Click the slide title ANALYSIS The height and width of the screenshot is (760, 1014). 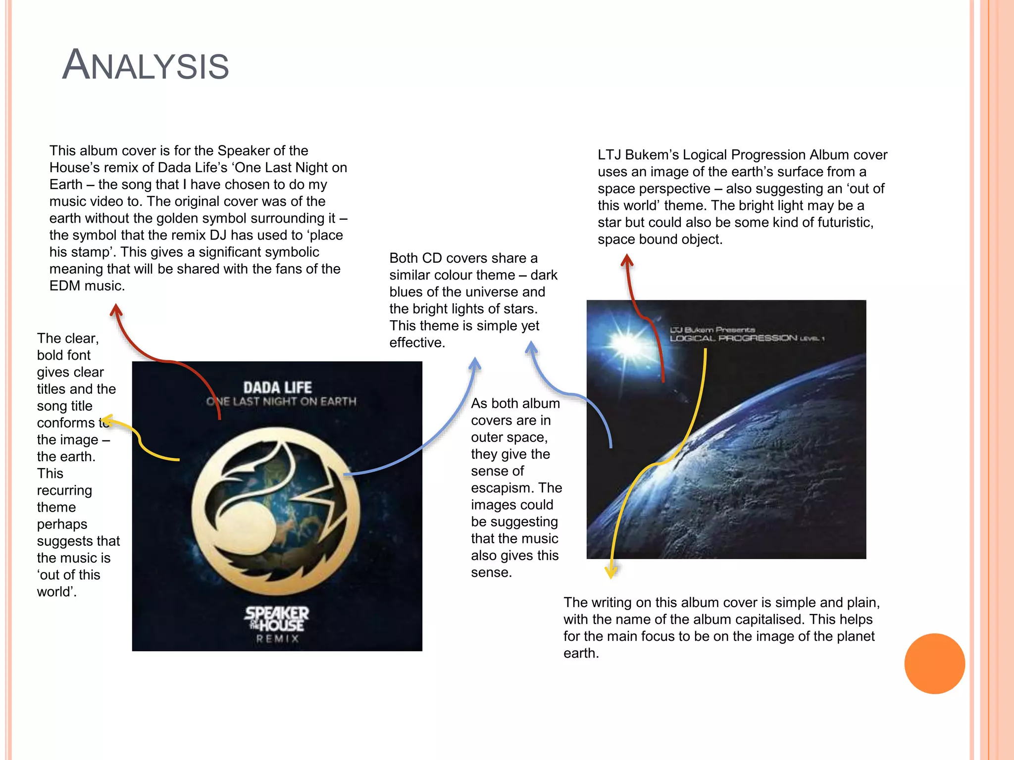tap(146, 65)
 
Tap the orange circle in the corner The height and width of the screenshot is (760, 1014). tap(934, 664)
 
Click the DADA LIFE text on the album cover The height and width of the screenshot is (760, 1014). tap(277, 387)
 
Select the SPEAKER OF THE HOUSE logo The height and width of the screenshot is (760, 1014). tap(277, 619)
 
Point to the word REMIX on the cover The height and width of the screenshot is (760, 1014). tap(277, 639)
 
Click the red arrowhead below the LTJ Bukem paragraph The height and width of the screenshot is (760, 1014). tap(627, 259)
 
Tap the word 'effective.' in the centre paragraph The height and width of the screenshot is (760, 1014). tap(417, 342)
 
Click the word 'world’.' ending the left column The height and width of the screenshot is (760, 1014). tap(56, 592)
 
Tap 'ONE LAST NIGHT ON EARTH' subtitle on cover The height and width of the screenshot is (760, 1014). tap(281, 401)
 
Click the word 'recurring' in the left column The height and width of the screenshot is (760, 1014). tap(64, 490)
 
